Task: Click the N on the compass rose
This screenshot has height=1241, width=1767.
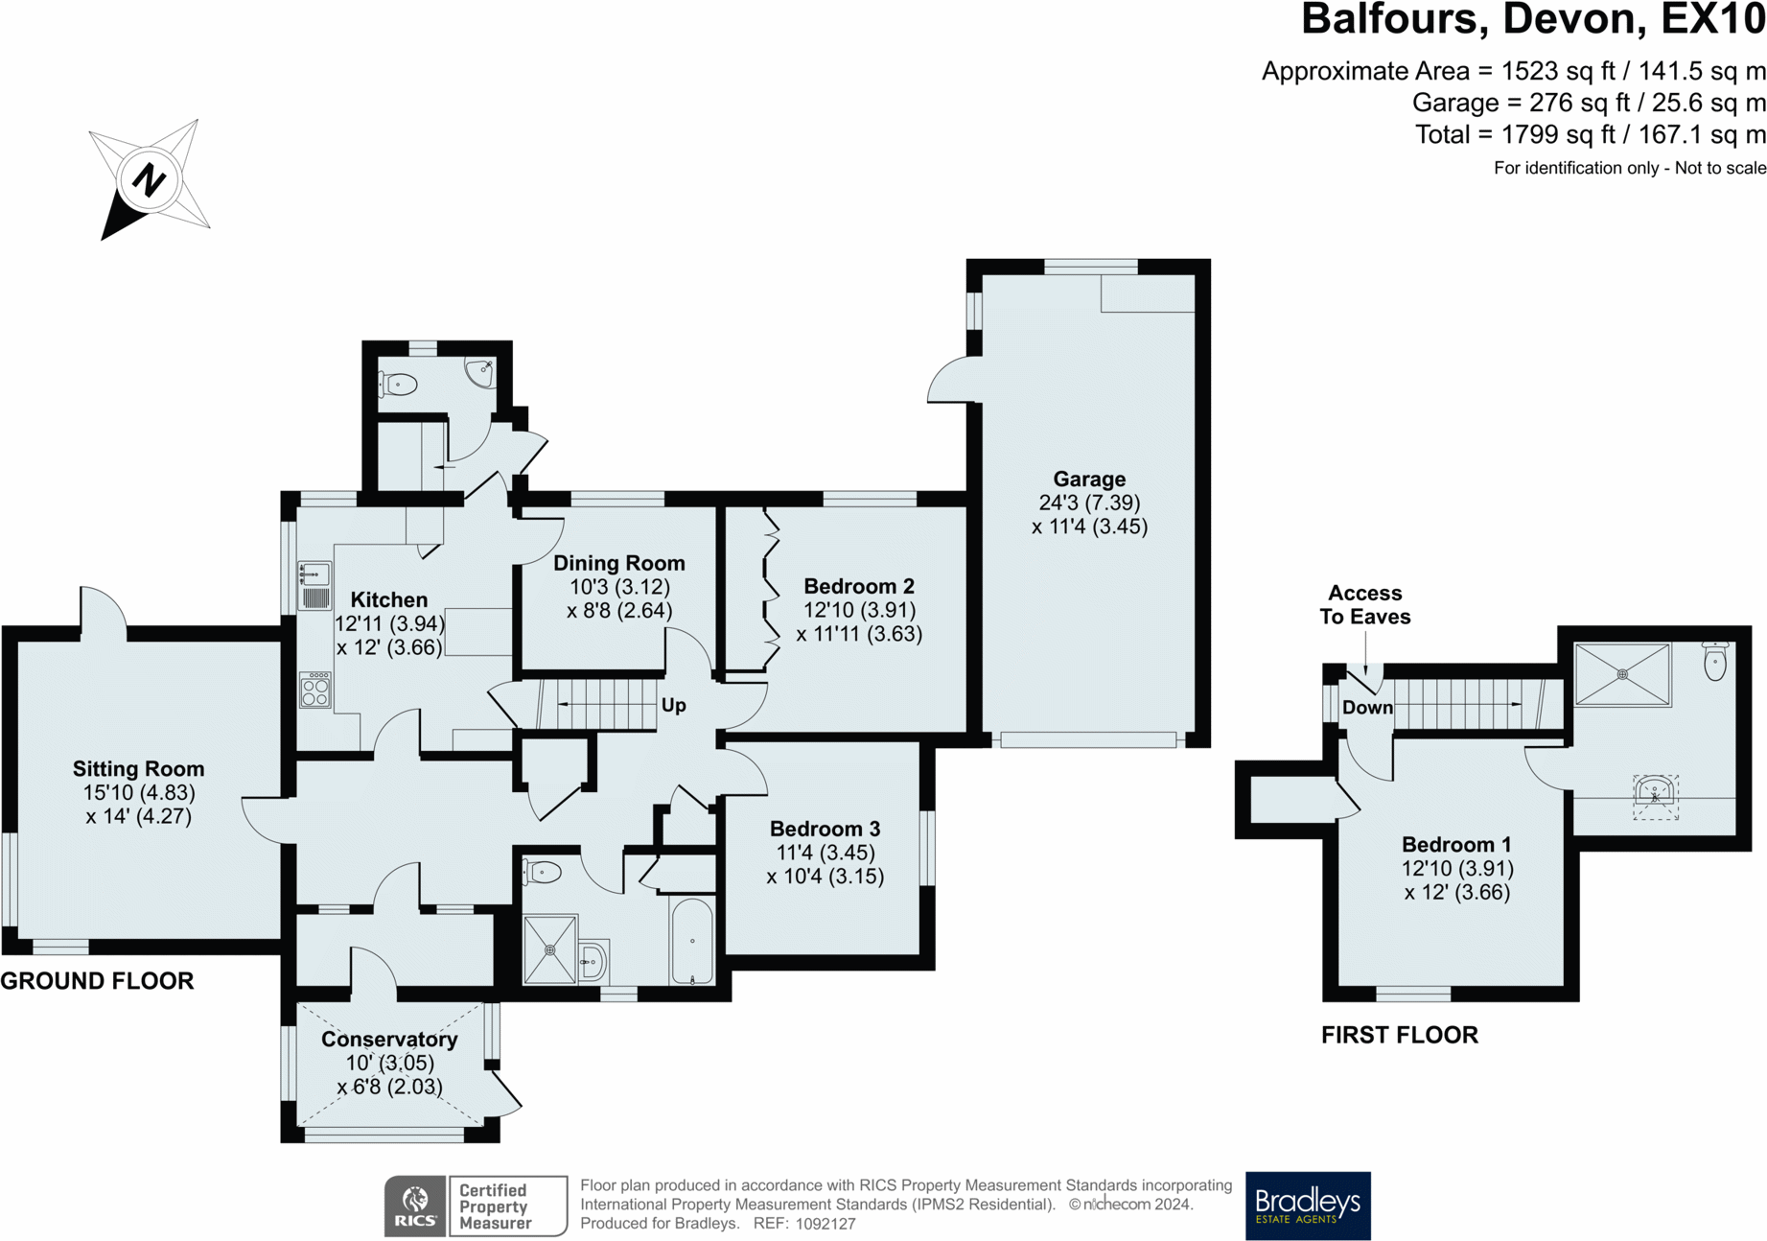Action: [149, 179]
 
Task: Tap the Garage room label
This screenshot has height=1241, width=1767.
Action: [1089, 480]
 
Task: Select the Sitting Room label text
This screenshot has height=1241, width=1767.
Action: [139, 769]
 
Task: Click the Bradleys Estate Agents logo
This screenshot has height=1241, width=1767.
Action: [1308, 1206]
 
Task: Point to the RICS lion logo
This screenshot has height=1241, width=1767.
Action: [415, 1206]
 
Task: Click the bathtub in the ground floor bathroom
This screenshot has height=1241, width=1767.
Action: [692, 941]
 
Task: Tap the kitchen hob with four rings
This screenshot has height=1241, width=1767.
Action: [315, 690]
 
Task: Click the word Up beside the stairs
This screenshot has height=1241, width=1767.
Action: [674, 706]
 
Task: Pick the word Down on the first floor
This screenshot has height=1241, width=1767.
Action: [1367, 708]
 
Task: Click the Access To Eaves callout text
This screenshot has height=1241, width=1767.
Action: [1365, 605]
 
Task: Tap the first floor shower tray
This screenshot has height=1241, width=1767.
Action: [1622, 675]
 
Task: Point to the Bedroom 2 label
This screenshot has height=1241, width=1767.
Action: [859, 586]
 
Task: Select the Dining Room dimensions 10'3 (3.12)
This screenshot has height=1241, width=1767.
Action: [619, 587]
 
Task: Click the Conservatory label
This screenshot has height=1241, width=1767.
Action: [389, 1040]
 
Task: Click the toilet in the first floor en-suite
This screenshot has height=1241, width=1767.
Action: [1715, 662]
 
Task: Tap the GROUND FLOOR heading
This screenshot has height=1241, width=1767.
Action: [97, 981]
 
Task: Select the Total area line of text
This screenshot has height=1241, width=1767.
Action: [1590, 135]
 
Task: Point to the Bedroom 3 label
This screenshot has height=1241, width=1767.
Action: [825, 829]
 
